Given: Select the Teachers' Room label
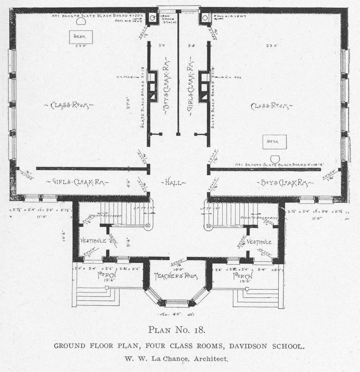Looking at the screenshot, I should click(176, 276).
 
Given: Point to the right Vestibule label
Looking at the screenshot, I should click(259, 242).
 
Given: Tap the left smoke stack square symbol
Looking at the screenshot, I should click(152, 18).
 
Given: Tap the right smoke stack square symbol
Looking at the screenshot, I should click(205, 18).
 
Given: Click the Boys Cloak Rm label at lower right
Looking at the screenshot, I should click(284, 183).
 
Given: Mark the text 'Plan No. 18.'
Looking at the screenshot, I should click(177, 329).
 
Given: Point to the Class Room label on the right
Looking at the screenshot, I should click(270, 106).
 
